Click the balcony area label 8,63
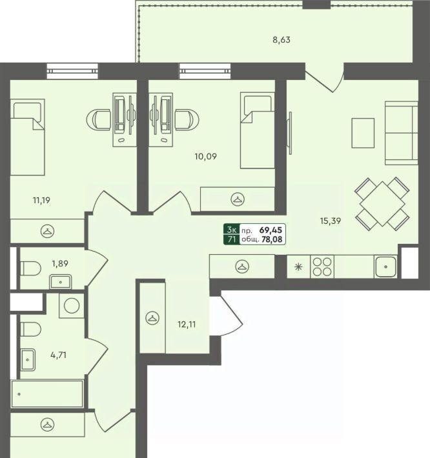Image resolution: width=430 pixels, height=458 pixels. coord(282,40)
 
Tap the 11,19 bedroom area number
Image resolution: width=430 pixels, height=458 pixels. coord(41,201)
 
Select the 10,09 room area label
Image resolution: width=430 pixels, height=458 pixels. coord(206,157)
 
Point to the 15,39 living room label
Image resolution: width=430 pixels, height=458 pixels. coord(331,221)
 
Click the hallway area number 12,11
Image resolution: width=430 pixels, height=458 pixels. coord(187,324)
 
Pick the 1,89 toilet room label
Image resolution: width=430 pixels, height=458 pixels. coord(60,263)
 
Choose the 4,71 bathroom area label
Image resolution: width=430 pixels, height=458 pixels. coord(59,355)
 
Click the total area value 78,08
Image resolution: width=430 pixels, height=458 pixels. coord(272,240)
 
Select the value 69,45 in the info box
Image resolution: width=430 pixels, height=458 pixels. coord(271,230)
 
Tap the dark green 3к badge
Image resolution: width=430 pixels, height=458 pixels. coord(232,229)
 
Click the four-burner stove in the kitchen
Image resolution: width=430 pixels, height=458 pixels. coord(322,266)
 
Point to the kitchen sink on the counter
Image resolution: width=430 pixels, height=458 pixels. coord(386,266)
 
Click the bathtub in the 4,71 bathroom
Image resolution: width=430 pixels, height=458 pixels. coord(47,393)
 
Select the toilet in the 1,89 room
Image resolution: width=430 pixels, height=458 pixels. coord(30,268)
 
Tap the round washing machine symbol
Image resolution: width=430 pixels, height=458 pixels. coord(72,306)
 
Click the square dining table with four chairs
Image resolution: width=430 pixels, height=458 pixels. coord(382,203)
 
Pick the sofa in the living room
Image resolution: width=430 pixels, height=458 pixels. coord(402,133)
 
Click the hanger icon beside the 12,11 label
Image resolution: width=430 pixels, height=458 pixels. coord(152,318)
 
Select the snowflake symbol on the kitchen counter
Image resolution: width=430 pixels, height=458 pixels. coord(298,266)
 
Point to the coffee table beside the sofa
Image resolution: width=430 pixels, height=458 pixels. coord(363,133)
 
